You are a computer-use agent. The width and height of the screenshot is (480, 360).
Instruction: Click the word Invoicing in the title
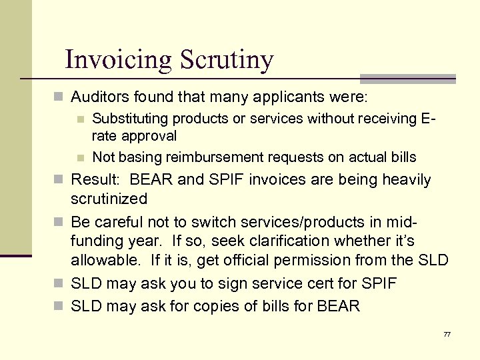click(x=118, y=60)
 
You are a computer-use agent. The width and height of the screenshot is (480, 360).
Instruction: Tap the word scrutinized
click(x=109, y=199)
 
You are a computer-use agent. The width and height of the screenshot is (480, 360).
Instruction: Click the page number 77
click(x=446, y=333)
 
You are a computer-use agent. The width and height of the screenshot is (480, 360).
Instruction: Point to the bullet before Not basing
click(x=80, y=158)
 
